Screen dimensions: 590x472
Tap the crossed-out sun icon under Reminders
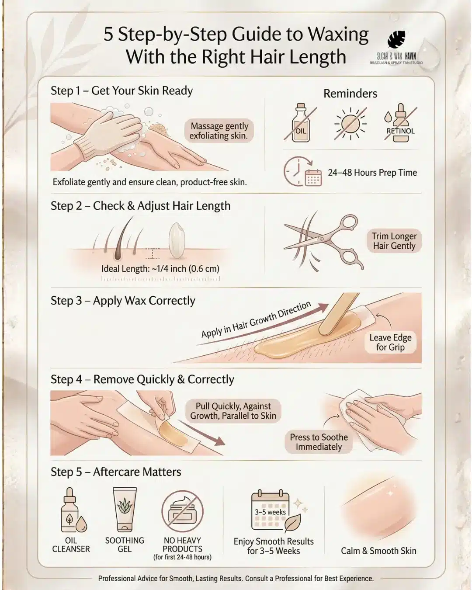pos(351,124)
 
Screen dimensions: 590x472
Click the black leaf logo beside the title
pos(396,41)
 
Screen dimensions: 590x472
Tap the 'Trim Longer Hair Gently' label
pos(394,241)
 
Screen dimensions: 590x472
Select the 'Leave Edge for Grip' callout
pos(390,342)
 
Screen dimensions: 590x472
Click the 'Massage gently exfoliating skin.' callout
pos(219,131)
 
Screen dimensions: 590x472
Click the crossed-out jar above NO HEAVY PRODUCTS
pos(182,510)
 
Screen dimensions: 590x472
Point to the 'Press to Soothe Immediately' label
pos(319,442)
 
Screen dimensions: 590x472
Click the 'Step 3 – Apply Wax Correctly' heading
pos(123,301)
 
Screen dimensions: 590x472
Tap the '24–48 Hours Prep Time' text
pos(372,173)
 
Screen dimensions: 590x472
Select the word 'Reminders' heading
pos(350,94)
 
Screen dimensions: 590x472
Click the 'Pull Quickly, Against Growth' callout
pos(233,411)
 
